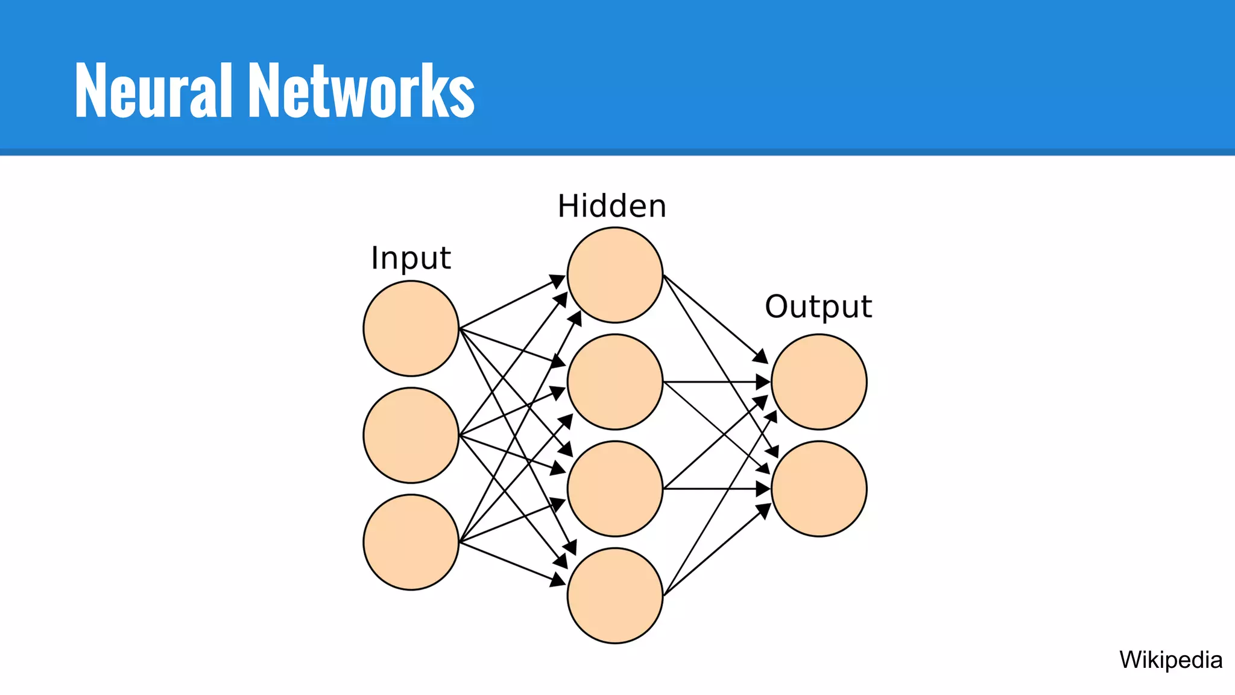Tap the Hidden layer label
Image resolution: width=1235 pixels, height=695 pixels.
(x=611, y=206)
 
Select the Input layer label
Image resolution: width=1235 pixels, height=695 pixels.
(x=411, y=258)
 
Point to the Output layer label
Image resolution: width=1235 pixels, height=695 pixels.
(x=818, y=307)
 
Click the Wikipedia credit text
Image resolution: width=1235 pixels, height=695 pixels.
(x=1170, y=659)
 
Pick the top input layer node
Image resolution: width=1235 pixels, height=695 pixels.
(x=411, y=329)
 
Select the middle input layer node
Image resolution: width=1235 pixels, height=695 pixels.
(x=411, y=435)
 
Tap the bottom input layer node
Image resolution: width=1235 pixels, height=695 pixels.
(x=411, y=542)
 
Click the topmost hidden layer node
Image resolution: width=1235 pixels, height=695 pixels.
(x=614, y=275)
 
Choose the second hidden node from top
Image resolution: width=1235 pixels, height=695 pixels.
(x=614, y=382)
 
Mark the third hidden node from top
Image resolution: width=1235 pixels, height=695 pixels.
(x=614, y=489)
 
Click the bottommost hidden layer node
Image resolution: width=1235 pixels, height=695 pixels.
(x=614, y=595)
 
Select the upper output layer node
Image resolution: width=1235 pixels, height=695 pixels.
(x=818, y=382)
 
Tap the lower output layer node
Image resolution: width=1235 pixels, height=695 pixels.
(x=818, y=489)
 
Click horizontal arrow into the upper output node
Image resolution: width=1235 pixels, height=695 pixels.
(x=718, y=382)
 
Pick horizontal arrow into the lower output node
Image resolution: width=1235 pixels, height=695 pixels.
(x=718, y=489)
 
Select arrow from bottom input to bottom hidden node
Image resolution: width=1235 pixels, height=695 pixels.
(x=513, y=563)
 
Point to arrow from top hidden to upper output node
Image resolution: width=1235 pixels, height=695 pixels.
(x=715, y=318)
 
